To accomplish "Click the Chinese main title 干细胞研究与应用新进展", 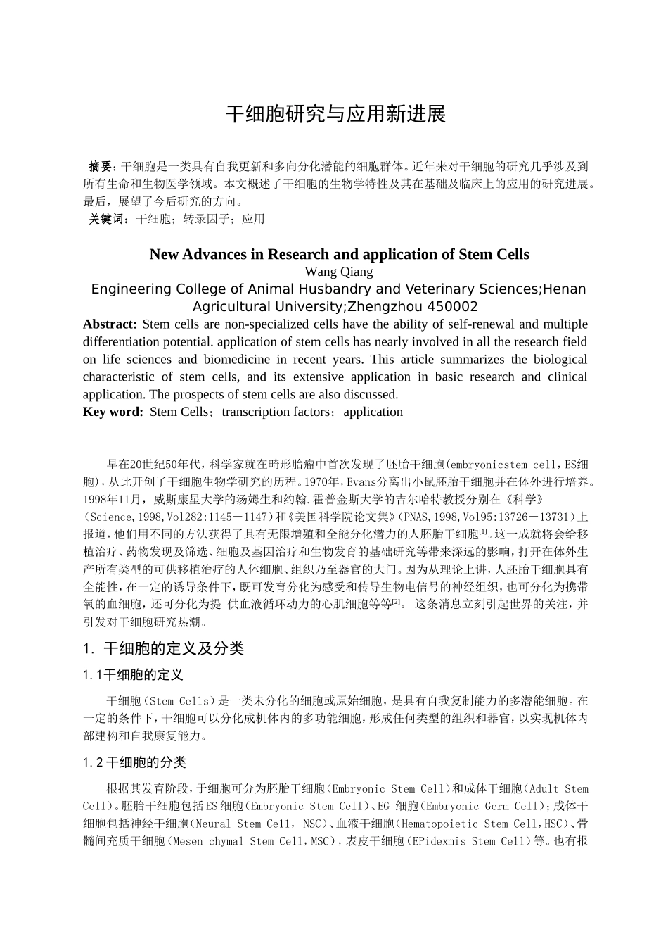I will point(335,115).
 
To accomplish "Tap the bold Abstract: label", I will point(110,324).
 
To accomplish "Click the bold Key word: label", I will point(113,412).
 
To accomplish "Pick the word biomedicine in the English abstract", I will point(236,360).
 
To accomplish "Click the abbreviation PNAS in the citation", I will point(421,517).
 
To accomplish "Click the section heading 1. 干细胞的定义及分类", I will point(163,649).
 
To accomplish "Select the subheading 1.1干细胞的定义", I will point(133,676).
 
